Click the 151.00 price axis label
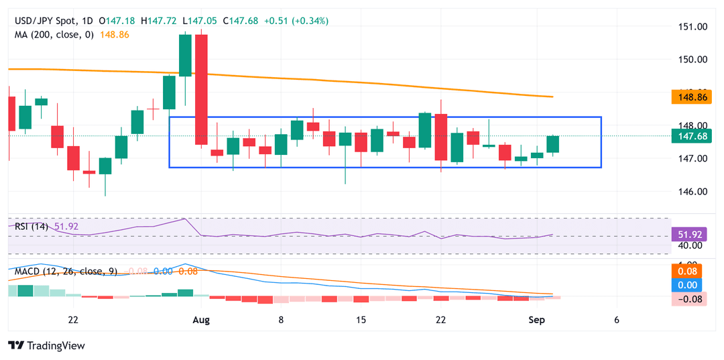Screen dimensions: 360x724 coord(692,27)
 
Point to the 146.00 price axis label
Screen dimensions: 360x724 coord(692,192)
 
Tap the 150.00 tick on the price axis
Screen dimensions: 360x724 coord(692,59)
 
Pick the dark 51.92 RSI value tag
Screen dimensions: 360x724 coord(690,235)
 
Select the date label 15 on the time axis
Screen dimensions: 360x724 coord(361,320)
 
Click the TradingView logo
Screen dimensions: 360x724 coord(46,345)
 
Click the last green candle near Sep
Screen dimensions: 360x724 coord(553,144)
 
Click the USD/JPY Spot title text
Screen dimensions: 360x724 coord(44,21)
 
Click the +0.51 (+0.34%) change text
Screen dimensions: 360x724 coord(296,21)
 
